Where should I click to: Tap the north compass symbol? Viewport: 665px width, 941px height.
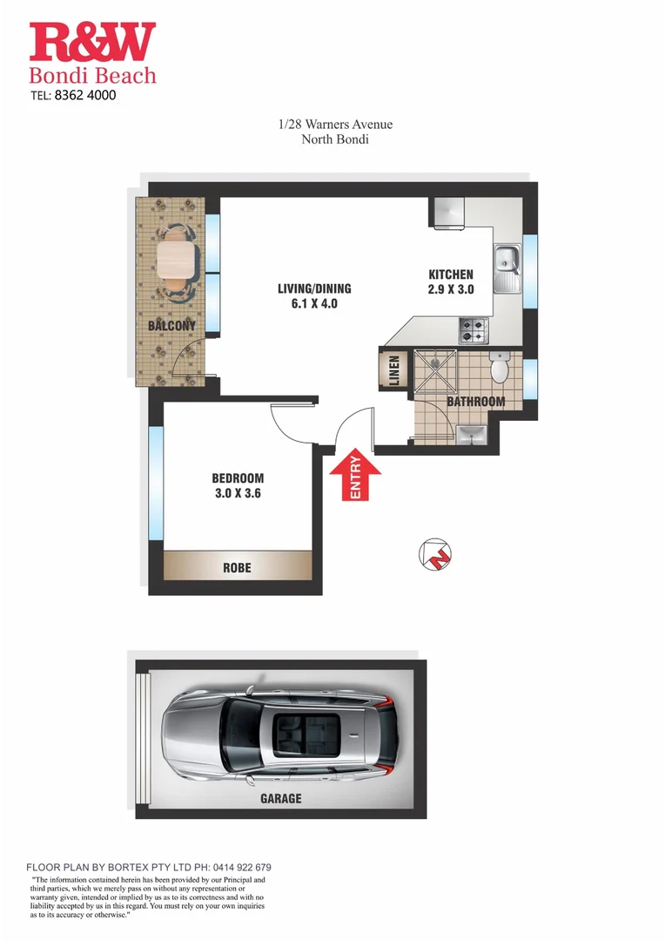click(x=434, y=553)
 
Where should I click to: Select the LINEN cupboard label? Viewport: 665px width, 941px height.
click(x=393, y=369)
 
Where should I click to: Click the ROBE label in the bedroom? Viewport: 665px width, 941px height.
click(x=237, y=567)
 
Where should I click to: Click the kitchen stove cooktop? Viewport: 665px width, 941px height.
click(x=474, y=330)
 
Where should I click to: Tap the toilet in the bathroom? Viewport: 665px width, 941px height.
click(x=499, y=370)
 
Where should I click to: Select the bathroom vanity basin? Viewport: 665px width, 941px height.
click(x=470, y=435)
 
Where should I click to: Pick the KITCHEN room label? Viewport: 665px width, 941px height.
click(x=451, y=274)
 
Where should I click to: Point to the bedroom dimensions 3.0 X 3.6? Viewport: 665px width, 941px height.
click(x=238, y=493)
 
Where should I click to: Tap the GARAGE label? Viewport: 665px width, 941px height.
click(x=280, y=798)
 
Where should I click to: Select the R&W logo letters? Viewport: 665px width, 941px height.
click(x=92, y=43)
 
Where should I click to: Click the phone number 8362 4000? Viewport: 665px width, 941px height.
click(x=84, y=96)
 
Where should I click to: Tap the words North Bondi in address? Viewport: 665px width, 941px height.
click(x=335, y=139)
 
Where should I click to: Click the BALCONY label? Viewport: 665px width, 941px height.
click(x=171, y=326)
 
